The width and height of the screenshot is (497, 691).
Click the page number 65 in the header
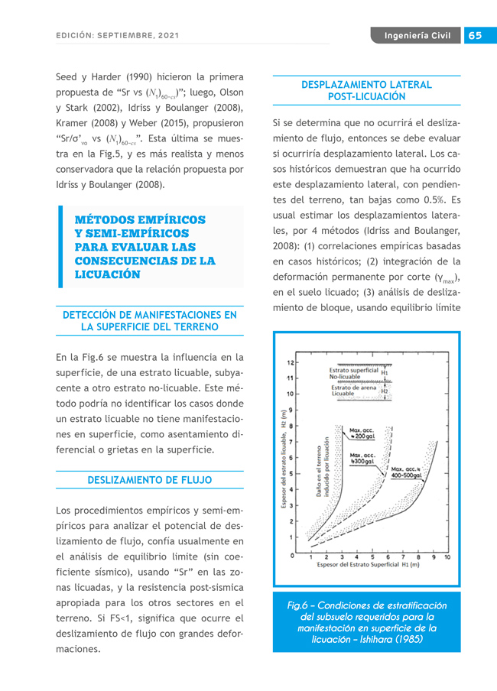click(x=475, y=36)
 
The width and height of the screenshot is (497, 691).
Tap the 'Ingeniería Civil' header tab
click(x=417, y=36)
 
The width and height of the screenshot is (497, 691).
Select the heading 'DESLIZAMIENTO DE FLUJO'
click(x=150, y=480)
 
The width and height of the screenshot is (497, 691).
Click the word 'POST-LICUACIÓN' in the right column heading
click(x=366, y=97)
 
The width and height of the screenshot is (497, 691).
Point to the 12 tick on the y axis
click(x=290, y=362)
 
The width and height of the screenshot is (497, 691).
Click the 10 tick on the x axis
click(x=447, y=557)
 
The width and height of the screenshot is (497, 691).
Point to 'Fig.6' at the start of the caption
click(x=297, y=605)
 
